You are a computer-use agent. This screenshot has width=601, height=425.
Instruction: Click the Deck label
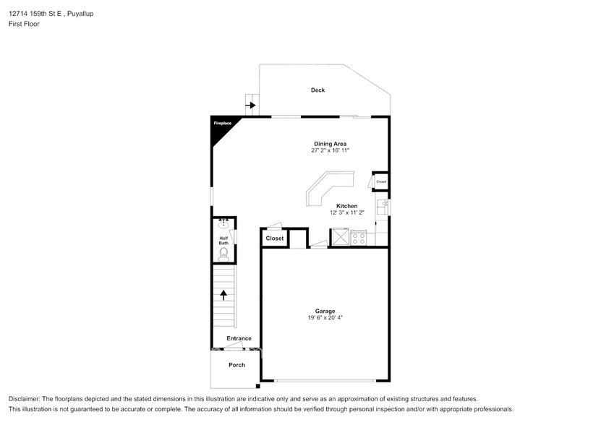coord(317,90)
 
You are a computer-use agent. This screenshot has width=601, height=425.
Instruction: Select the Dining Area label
coord(331,144)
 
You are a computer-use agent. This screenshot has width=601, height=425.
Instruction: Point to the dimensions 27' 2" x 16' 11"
coord(331,150)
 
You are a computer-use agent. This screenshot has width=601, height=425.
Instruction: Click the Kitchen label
coord(347,206)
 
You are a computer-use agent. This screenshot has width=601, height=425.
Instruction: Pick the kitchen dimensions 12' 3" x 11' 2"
coord(347,212)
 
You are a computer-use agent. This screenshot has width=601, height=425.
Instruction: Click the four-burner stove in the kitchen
coord(359,237)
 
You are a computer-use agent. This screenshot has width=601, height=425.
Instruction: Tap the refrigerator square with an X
coord(341,237)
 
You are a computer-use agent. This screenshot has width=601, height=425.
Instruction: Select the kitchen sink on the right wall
coord(383,207)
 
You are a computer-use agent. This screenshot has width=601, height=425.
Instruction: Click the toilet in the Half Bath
coord(223,255)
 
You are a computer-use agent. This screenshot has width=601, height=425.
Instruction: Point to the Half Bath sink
coord(223,223)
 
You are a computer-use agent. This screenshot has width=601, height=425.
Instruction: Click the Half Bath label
coord(224,241)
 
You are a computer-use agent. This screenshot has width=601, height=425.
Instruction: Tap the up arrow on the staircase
coord(223,295)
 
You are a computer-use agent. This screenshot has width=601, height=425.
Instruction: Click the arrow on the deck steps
coord(251,105)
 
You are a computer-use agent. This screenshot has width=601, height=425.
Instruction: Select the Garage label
coord(325,312)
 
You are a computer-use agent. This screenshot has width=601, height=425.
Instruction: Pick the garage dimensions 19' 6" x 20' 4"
coord(325,318)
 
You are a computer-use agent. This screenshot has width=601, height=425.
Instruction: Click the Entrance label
coord(239,338)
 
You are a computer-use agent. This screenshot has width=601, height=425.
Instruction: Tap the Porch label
coord(237,365)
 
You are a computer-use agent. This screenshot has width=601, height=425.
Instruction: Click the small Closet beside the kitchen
coord(381,181)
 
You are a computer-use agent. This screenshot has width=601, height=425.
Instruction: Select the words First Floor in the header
coord(24,24)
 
